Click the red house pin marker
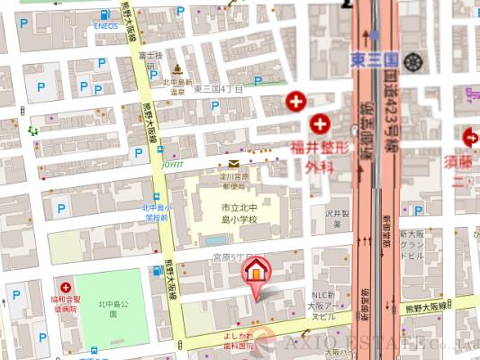click(x=256, y=270)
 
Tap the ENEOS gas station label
click(x=106, y=27)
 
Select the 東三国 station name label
click(x=374, y=59)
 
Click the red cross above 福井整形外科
click(x=320, y=124)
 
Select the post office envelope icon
click(x=233, y=164)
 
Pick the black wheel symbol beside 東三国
click(x=414, y=62)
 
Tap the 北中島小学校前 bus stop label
click(x=155, y=212)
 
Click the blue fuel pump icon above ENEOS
click(x=106, y=15)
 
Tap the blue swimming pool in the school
click(x=215, y=241)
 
